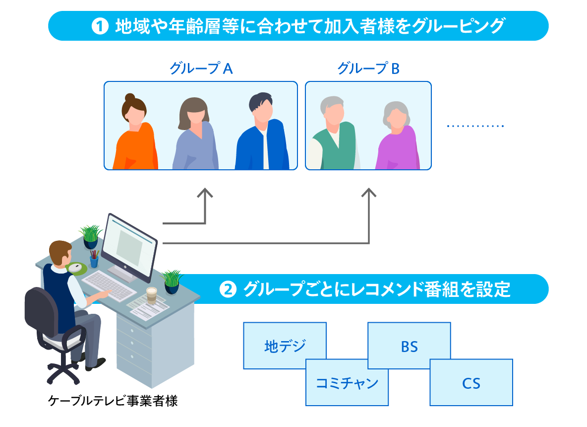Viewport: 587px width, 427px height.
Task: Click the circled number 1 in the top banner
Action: pos(100,26)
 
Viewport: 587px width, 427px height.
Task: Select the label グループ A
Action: pos(201,69)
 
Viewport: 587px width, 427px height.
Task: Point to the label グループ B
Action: pos(368,69)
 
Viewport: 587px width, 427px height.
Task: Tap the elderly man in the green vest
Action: pos(333,137)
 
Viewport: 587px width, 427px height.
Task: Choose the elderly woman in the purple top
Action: pos(397,139)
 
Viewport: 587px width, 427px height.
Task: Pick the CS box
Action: pos(471,383)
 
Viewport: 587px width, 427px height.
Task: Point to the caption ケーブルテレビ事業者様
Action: pos(113,401)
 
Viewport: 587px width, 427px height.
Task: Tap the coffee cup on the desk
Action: pos(151,294)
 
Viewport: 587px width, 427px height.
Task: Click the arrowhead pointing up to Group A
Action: pos(205,193)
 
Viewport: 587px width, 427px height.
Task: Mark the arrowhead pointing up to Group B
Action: pos(369,193)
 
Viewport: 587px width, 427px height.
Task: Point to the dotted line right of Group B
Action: pos(474,126)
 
